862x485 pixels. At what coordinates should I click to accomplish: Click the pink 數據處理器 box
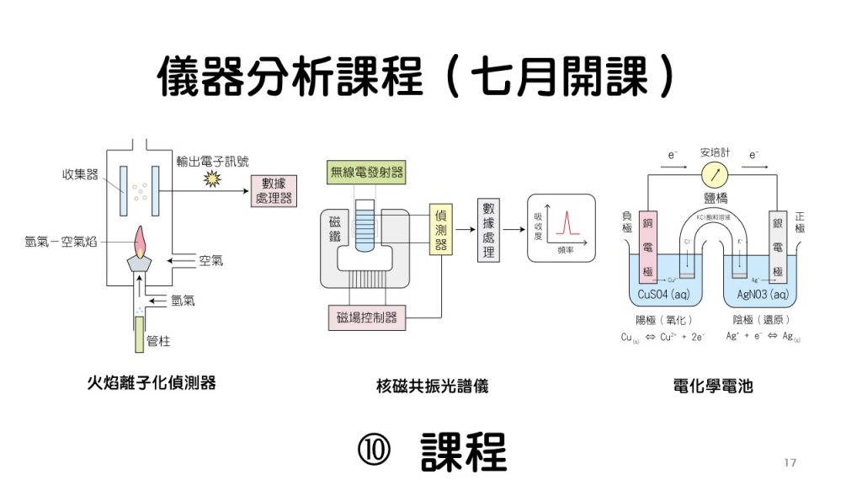pyautogui.click(x=274, y=192)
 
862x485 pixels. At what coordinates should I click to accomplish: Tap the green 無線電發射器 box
pyautogui.click(x=366, y=173)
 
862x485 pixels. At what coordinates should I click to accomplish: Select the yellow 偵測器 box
pyautogui.click(x=440, y=228)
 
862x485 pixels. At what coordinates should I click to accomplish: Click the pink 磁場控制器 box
pyautogui.click(x=366, y=317)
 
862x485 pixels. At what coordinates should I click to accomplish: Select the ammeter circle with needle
pyautogui.click(x=716, y=175)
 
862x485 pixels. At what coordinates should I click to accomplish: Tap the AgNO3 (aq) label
pyautogui.click(x=762, y=295)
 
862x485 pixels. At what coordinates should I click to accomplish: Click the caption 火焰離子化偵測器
pyautogui.click(x=152, y=382)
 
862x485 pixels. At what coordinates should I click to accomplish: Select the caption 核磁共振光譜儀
pyautogui.click(x=432, y=386)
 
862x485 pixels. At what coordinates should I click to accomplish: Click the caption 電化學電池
pyautogui.click(x=712, y=386)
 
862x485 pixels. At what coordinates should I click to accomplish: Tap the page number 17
pyautogui.click(x=790, y=462)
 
